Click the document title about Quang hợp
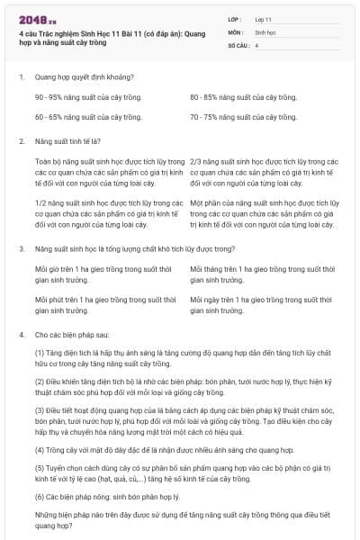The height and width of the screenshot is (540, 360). click(x=112, y=37)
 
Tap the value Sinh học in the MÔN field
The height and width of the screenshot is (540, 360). click(x=265, y=31)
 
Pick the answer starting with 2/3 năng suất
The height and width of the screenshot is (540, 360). click(x=265, y=169)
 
